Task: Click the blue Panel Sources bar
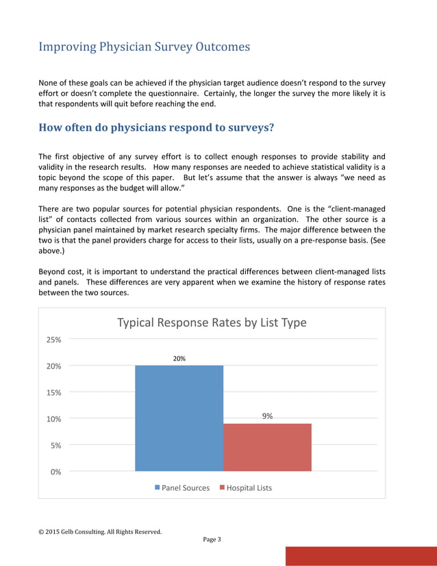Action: point(179,418)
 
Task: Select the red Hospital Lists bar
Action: point(267,447)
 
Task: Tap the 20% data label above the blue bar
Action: point(179,358)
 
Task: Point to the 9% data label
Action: point(267,416)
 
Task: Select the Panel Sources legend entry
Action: point(182,488)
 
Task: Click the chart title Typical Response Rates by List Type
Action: point(212,322)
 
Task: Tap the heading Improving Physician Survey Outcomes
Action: point(144,47)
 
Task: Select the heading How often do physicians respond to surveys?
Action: point(157,127)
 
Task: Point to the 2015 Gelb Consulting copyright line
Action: point(100,531)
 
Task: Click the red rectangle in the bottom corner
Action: point(360,556)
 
